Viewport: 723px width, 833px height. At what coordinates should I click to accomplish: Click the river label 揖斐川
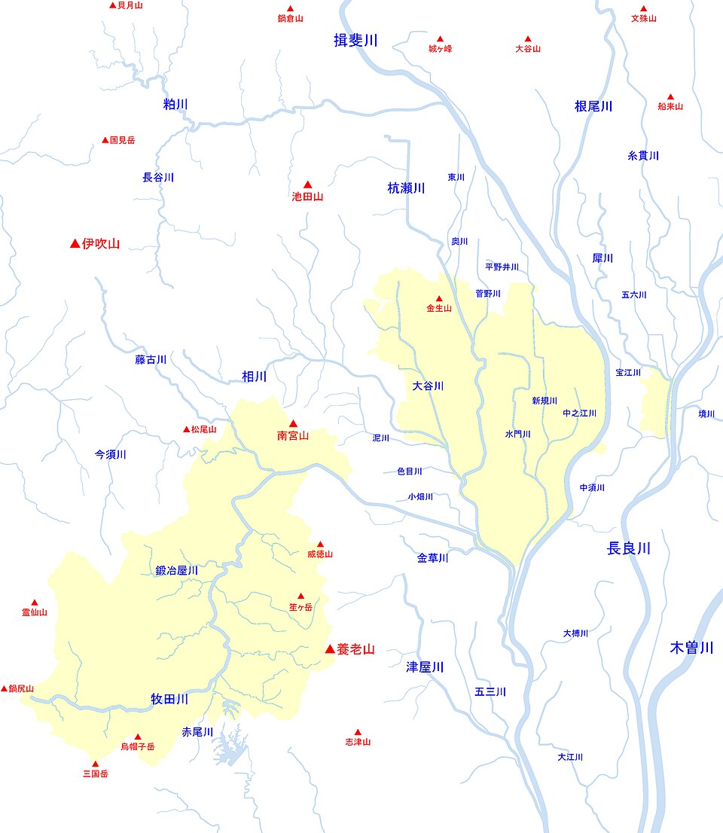click(x=355, y=41)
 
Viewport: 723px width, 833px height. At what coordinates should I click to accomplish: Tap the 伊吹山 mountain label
click(x=101, y=243)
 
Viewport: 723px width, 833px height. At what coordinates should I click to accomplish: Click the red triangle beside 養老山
click(x=329, y=648)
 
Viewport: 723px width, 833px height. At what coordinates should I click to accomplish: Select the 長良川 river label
click(x=628, y=549)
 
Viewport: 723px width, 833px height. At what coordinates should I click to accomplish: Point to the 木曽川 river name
click(x=691, y=648)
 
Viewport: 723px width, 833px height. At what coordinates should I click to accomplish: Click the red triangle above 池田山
click(x=307, y=185)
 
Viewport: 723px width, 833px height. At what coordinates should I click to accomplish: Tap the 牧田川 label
click(x=169, y=700)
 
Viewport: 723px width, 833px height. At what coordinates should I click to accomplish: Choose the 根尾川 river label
click(x=593, y=106)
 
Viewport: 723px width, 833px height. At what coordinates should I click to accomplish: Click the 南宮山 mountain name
click(x=293, y=435)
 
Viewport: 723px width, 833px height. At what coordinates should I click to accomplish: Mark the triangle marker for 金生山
click(x=439, y=298)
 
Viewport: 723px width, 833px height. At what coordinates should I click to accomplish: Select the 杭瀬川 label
click(x=406, y=188)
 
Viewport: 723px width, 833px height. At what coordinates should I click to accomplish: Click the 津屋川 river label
click(x=425, y=667)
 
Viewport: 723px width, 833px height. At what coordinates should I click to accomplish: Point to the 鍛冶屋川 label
click(x=177, y=571)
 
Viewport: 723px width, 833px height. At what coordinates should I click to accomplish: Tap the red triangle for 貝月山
click(x=113, y=5)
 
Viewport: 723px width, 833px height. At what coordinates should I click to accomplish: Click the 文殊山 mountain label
click(x=644, y=18)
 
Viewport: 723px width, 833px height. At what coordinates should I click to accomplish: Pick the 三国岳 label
click(x=95, y=773)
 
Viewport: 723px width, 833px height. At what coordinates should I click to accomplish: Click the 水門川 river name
click(x=518, y=435)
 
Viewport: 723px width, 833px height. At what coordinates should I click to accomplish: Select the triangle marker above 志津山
click(x=358, y=731)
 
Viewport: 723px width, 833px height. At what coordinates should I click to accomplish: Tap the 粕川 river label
click(x=175, y=104)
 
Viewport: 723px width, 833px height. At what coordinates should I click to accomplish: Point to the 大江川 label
click(x=570, y=757)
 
